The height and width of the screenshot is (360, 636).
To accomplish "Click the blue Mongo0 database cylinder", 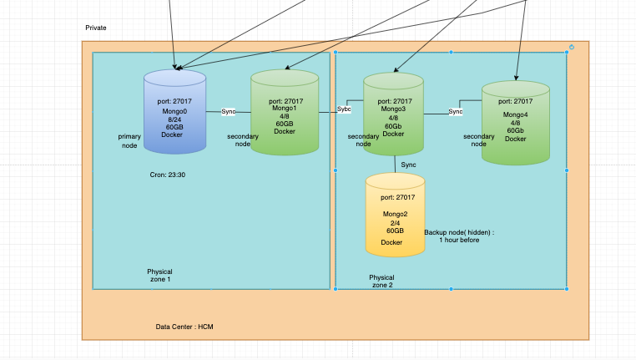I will pos(174,112).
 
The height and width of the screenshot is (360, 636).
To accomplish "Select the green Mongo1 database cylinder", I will pos(285,113).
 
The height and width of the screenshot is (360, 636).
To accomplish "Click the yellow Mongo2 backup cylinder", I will pos(395,215).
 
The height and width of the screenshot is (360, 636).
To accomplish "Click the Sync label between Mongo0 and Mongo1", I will pos(229,111).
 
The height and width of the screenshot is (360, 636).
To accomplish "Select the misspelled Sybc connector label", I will pos(344,109).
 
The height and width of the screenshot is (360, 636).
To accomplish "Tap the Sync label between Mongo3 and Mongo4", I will pos(456,112).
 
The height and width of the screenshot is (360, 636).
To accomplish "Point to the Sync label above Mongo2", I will pos(408,165).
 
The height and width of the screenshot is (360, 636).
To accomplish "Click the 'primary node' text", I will pos(129,139).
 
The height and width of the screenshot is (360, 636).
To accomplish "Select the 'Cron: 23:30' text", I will pos(168,175).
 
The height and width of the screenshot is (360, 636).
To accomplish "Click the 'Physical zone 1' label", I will pos(159,276).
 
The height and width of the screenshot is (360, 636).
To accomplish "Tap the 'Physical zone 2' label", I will pos(381,281).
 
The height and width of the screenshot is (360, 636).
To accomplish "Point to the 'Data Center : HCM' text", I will pos(184,327).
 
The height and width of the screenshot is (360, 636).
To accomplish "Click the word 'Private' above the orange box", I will pos(96,28).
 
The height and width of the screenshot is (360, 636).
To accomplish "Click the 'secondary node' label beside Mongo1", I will pos(243,139).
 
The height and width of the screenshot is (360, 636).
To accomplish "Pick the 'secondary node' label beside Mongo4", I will pos(478,139).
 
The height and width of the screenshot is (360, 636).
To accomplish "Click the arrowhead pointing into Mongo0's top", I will pos(174,67).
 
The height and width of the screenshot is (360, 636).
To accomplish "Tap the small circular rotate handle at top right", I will pos(572,47).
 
